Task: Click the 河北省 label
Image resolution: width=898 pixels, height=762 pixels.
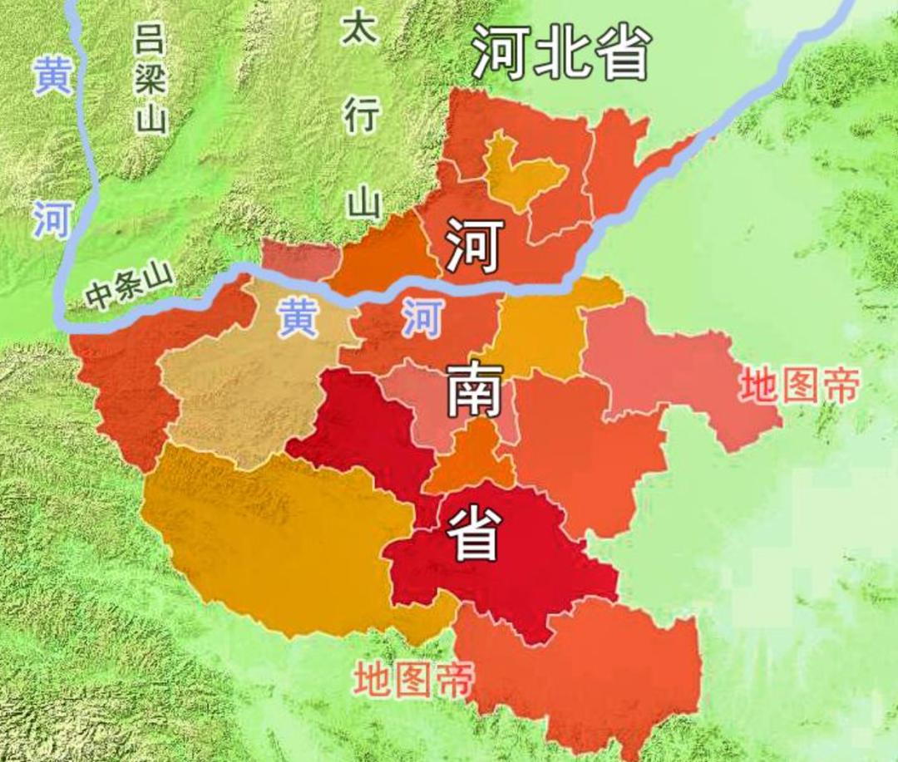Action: pyautogui.click(x=561, y=52)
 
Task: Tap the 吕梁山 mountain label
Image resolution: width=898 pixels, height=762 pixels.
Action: pyautogui.click(x=151, y=79)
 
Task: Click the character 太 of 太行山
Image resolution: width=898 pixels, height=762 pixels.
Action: pyautogui.click(x=360, y=29)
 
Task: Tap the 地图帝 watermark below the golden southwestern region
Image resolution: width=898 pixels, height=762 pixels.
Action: pyautogui.click(x=412, y=679)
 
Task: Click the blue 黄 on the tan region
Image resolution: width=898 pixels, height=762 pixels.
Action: pyautogui.click(x=297, y=318)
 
